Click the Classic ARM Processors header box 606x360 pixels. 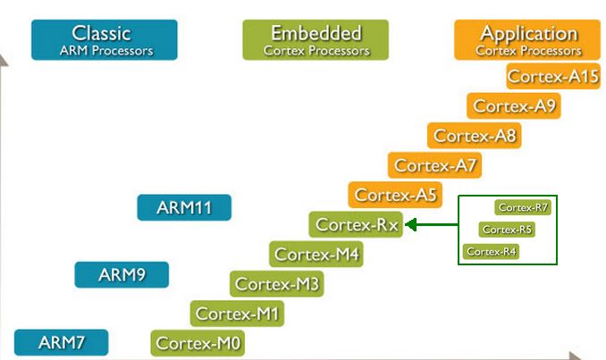click(103, 39)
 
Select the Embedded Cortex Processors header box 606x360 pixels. click(316, 39)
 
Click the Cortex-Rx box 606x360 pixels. click(356, 224)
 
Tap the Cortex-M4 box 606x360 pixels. click(316, 254)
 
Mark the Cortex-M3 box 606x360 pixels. click(277, 284)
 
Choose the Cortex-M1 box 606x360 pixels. click(238, 314)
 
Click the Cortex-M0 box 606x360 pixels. click(198, 343)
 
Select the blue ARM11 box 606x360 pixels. click(184, 207)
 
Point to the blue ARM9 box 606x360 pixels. click(121, 274)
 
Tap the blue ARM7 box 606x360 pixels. click(61, 342)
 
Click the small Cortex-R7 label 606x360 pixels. click(523, 207)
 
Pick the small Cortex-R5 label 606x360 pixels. click(507, 230)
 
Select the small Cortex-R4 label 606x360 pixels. click(492, 252)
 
